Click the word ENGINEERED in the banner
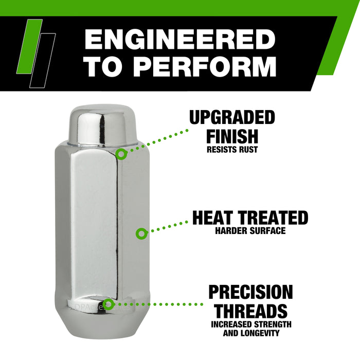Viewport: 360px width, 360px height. pyautogui.click(x=179, y=40)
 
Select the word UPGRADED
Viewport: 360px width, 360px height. pyautogui.click(x=232, y=118)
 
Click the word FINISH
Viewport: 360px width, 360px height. pyautogui.click(x=232, y=136)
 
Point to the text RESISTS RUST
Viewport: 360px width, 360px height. pyautogui.click(x=232, y=150)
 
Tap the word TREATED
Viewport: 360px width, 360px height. pyautogui.click(x=277, y=218)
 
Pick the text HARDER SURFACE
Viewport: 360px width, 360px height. pyautogui.click(x=250, y=231)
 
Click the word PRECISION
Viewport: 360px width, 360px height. pyautogui.click(x=250, y=293)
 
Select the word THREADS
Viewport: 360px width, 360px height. pyautogui.click(x=250, y=311)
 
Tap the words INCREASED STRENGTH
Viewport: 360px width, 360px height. pyautogui.click(x=251, y=325)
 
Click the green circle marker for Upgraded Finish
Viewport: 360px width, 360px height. pyautogui.click(x=121, y=154)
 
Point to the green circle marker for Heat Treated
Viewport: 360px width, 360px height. pyautogui.click(x=140, y=234)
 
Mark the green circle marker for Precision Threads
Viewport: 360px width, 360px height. pyautogui.click(x=108, y=304)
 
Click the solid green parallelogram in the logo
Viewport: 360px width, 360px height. pyautogui.click(x=30, y=46)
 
